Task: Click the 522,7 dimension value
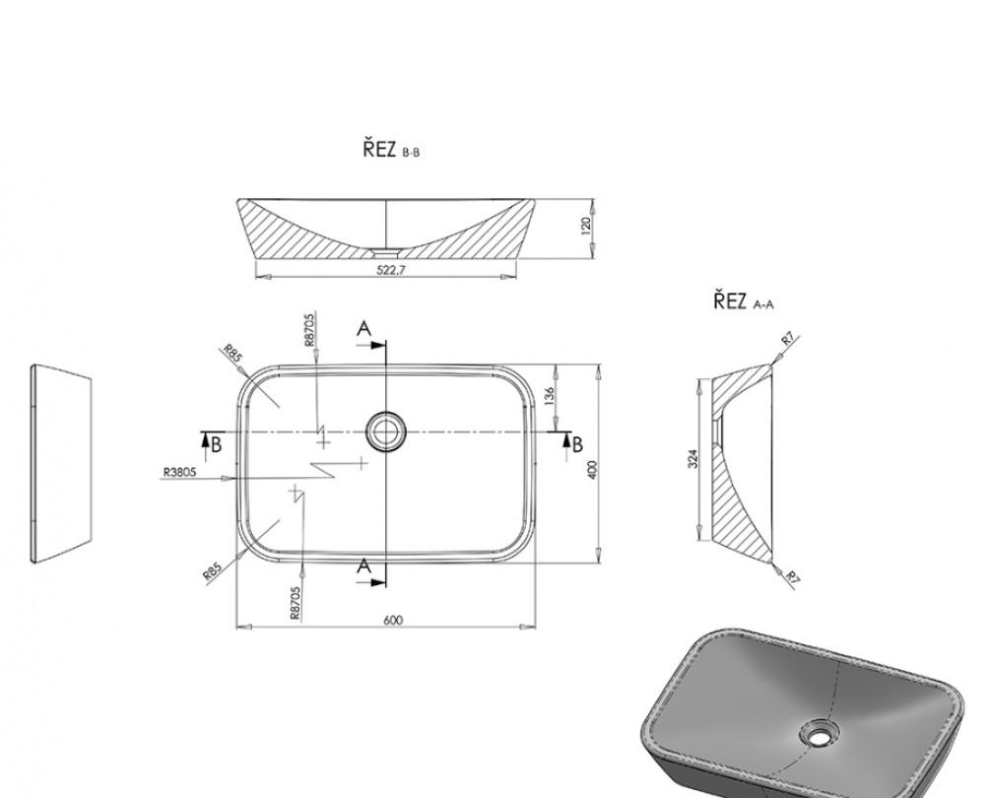click(x=391, y=270)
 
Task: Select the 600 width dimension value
click(x=393, y=621)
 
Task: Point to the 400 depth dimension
click(x=592, y=469)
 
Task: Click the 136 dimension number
click(x=549, y=396)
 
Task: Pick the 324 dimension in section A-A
click(x=692, y=459)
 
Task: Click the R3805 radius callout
click(x=179, y=472)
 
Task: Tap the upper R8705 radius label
click(x=309, y=330)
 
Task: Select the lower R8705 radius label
click(x=295, y=603)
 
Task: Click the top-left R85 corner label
click(x=232, y=353)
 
